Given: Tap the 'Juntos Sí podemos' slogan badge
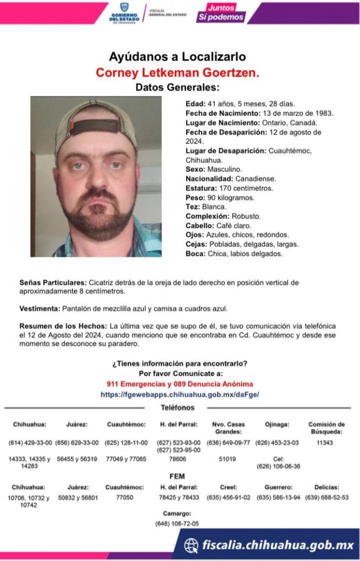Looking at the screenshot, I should [x=221, y=13].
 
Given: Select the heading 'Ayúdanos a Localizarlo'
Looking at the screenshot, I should [x=177, y=57].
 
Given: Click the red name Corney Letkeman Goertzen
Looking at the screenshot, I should [x=177, y=73].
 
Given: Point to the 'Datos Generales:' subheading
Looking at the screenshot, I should [x=177, y=87].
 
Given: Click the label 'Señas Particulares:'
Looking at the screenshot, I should [x=53, y=283].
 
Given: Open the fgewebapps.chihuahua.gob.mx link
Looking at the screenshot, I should [x=180, y=394].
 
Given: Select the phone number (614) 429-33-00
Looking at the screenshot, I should [x=30, y=443].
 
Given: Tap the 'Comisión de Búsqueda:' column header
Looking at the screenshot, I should [x=327, y=428].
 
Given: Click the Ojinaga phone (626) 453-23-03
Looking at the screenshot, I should [x=279, y=443].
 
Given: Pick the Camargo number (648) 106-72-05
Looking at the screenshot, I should [x=177, y=524].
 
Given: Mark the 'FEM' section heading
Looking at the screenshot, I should [x=177, y=476].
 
